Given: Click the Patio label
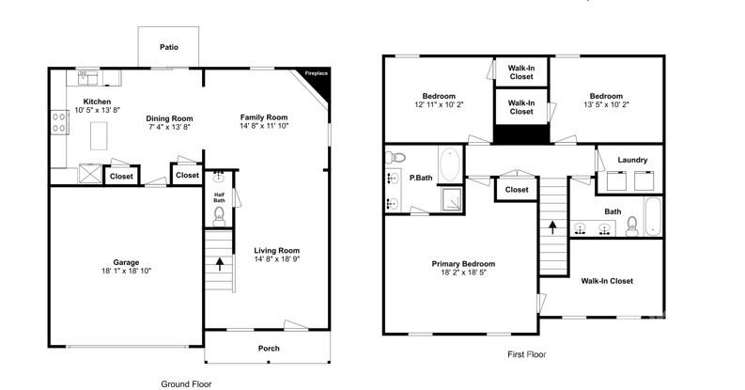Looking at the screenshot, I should point(168,46).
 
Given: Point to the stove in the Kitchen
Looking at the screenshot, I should point(56,123).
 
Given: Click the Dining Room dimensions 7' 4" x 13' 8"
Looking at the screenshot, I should point(168,126).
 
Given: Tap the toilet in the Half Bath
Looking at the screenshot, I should point(219,217).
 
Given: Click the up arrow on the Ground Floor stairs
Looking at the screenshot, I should point(220,264).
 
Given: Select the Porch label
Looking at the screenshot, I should point(269,349).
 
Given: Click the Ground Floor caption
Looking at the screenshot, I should point(187,383).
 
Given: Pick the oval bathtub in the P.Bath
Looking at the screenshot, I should point(450,164).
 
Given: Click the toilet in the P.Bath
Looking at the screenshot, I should point(395,157).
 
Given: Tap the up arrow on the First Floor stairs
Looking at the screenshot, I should point(552,226).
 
